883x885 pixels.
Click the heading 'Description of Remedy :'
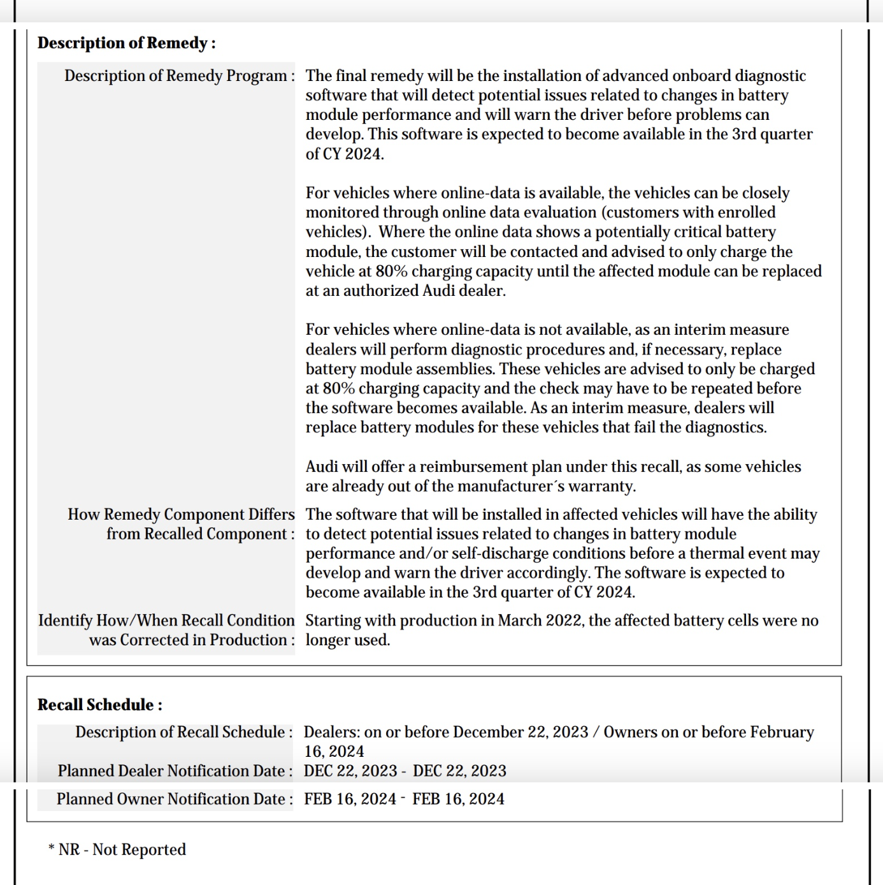(126, 43)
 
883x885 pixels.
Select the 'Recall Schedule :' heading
(99, 705)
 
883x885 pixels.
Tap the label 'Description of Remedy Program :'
(179, 76)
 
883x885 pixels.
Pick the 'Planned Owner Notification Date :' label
(175, 800)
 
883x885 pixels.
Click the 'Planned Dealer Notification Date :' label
(175, 772)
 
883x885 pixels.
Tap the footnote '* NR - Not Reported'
(117, 850)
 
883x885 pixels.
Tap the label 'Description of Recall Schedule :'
(183, 733)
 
